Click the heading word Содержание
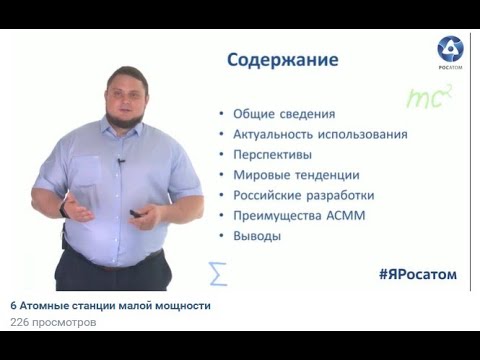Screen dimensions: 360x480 tap(282, 60)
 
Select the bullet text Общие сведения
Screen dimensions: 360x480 tap(283, 114)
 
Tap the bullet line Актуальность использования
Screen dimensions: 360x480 tap(320, 134)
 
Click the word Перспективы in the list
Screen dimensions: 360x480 tap(272, 155)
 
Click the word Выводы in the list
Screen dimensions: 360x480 tap(256, 237)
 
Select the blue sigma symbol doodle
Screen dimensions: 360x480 tap(217, 272)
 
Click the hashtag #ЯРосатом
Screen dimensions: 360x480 tap(417, 274)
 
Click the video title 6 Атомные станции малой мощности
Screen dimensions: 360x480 tap(110, 306)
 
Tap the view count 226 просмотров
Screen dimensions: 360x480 tap(53, 323)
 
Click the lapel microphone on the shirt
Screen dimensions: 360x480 tap(120, 161)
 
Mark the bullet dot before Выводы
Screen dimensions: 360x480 tap(220, 237)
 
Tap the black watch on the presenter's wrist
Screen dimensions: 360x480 tap(63, 210)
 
